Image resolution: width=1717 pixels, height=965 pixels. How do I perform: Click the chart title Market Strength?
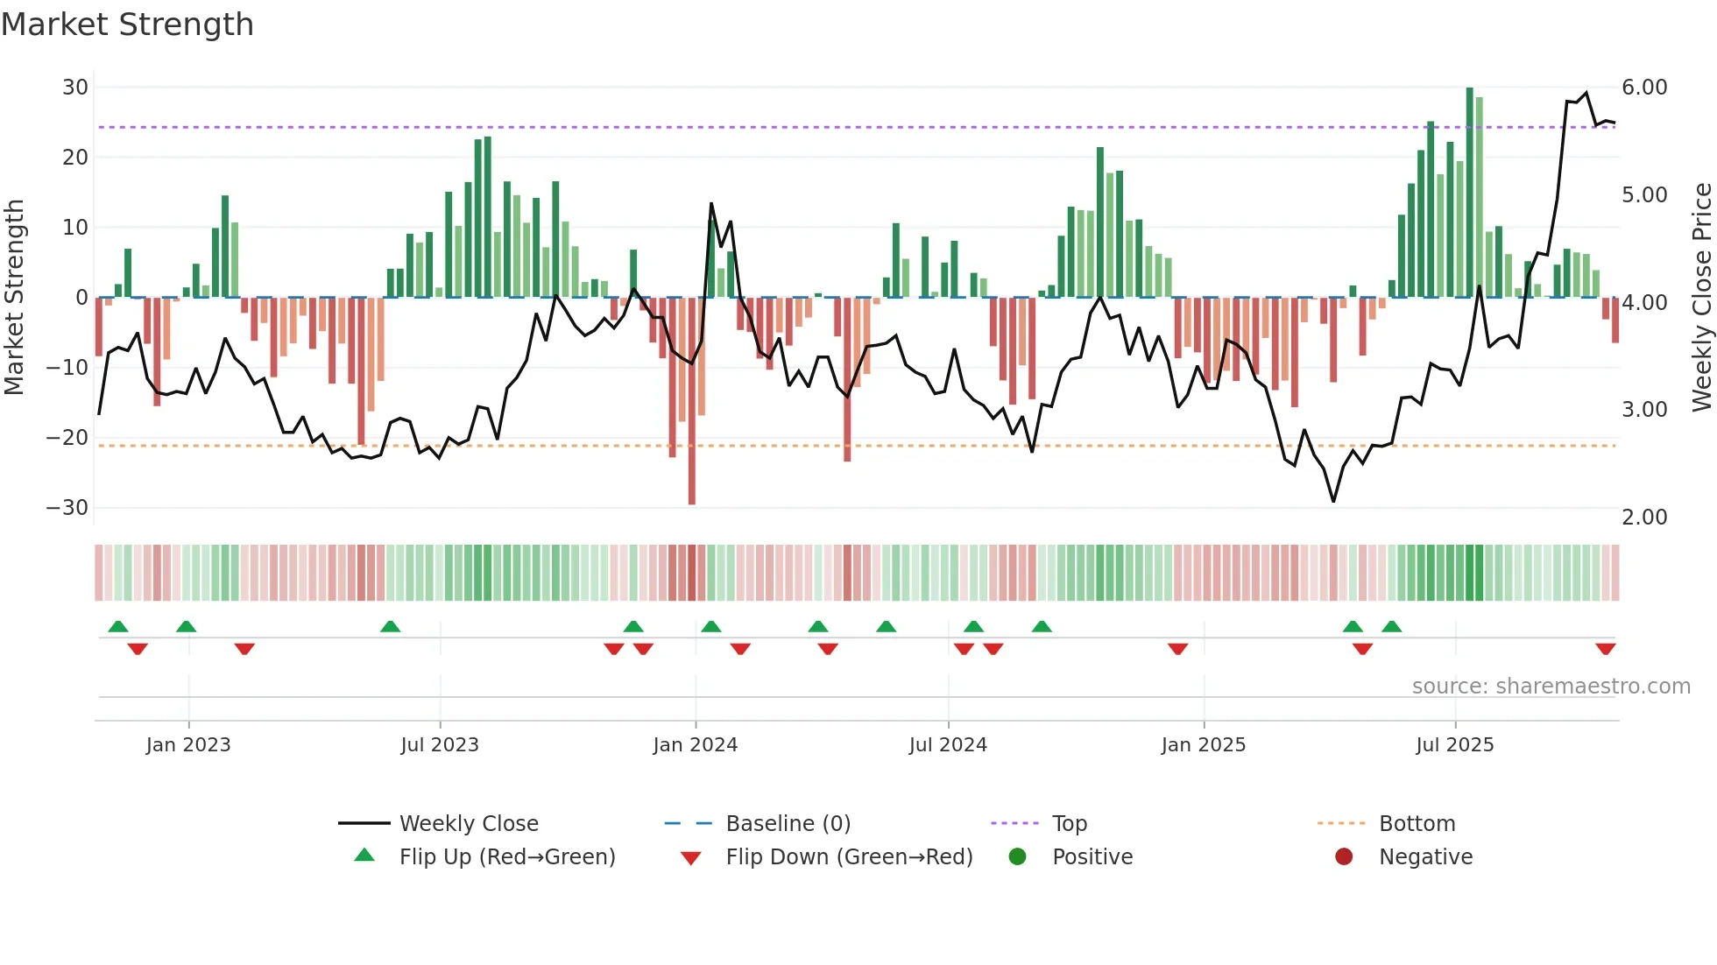127,25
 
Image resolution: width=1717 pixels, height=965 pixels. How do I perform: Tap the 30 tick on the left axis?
75,88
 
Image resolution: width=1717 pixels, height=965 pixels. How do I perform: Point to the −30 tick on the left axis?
67,508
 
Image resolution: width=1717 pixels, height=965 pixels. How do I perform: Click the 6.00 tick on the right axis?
1644,88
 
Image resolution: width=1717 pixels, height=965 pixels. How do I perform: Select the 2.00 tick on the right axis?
1644,518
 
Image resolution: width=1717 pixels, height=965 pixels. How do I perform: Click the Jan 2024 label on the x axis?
696,745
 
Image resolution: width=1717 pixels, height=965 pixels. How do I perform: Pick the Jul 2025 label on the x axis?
1455,745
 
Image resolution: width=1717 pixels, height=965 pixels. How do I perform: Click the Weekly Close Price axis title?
1701,298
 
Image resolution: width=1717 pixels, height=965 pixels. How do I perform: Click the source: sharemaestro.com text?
1551,687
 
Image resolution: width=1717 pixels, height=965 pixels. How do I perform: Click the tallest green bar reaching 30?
1470,193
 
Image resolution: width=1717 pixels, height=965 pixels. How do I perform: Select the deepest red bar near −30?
692,403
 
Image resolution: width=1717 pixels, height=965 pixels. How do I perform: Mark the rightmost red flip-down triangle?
1606,649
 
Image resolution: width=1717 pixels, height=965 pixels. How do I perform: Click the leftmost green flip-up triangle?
118,626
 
